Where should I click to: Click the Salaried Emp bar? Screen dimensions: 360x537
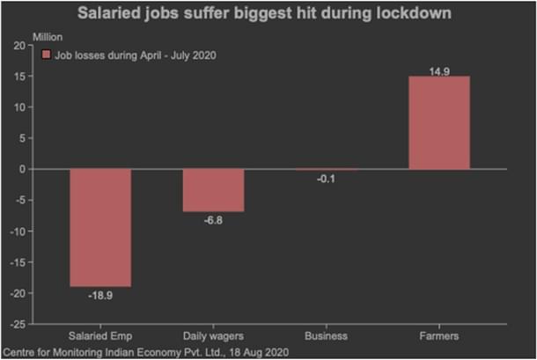(x=100, y=227)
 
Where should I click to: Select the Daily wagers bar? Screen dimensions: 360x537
(x=213, y=190)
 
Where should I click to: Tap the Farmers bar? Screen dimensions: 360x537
(x=439, y=122)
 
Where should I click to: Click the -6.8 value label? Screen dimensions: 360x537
(x=214, y=221)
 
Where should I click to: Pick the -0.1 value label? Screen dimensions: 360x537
(x=325, y=179)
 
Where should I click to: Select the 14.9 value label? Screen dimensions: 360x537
(x=438, y=69)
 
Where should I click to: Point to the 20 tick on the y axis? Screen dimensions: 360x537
(x=19, y=46)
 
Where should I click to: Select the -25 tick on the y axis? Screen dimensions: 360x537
(x=18, y=324)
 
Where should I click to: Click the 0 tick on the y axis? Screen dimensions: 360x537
(x=23, y=169)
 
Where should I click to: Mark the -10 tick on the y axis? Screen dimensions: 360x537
(x=18, y=231)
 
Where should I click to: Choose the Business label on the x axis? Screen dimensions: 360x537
(x=325, y=337)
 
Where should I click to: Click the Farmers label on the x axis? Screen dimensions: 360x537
(x=438, y=337)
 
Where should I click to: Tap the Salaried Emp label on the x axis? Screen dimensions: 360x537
(x=100, y=337)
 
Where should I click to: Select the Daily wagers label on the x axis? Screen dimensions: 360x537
(x=213, y=337)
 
